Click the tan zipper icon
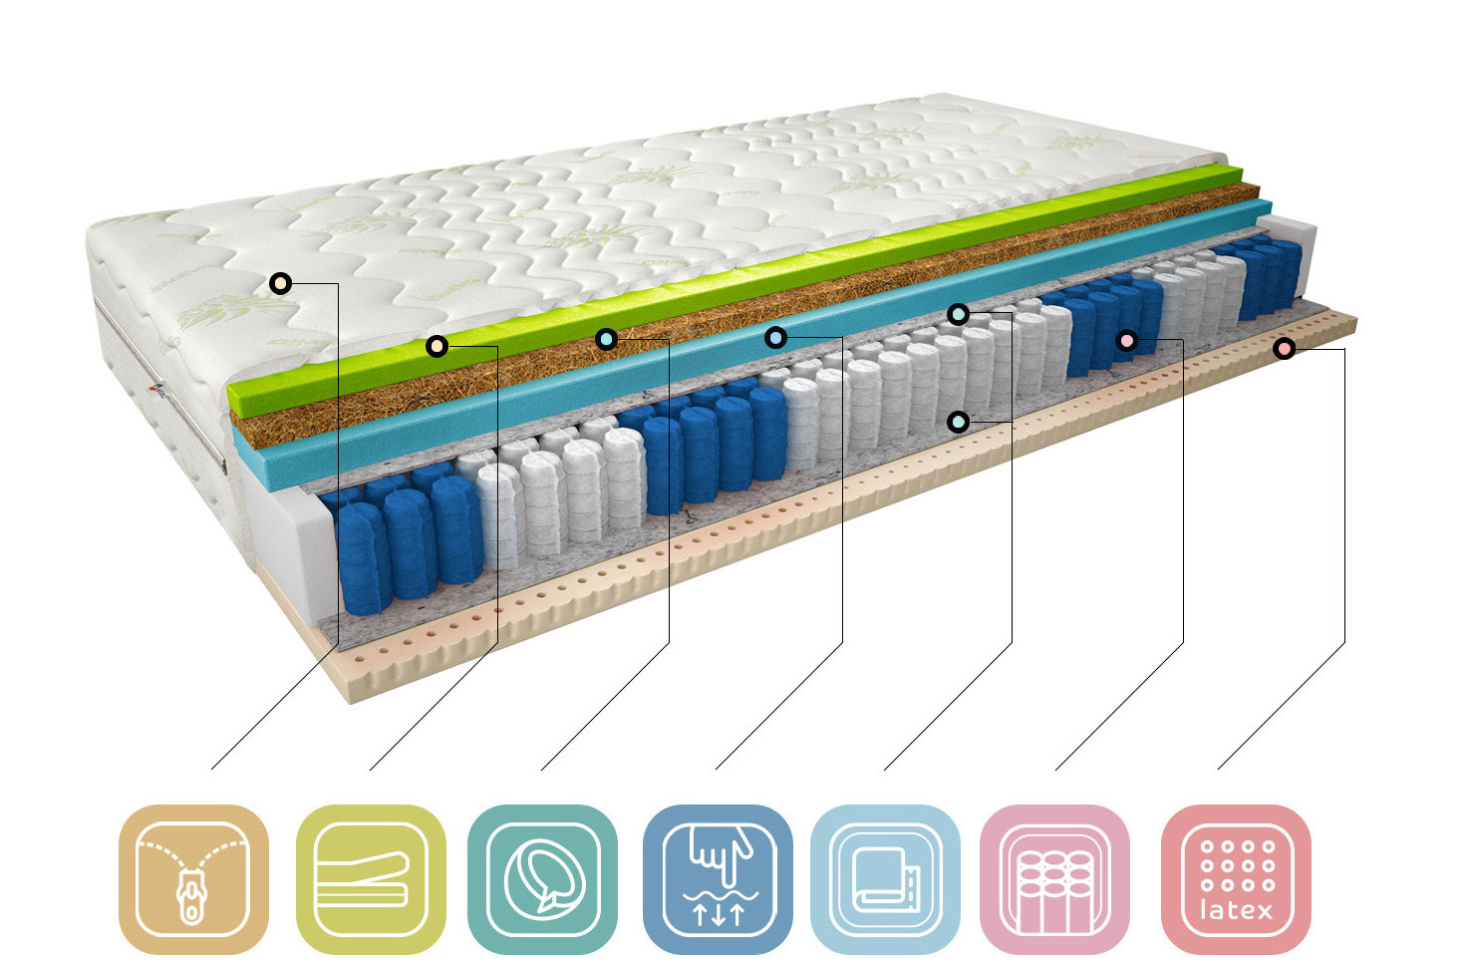tap(193, 879)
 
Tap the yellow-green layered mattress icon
tap(371, 879)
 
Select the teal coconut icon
tap(542, 879)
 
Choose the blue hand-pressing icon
tap(718, 879)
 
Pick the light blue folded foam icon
tap(885, 879)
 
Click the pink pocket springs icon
tap(1054, 879)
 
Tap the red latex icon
tap(1236, 879)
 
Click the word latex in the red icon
tap(1236, 910)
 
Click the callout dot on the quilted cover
tap(281, 284)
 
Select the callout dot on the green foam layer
tap(437, 346)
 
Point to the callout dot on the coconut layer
tap(606, 339)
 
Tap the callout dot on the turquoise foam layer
tap(775, 338)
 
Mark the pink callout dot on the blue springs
tap(1126, 341)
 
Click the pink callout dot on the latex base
tap(1284, 348)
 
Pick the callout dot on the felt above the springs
tap(958, 315)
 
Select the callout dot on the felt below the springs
tap(958, 422)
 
